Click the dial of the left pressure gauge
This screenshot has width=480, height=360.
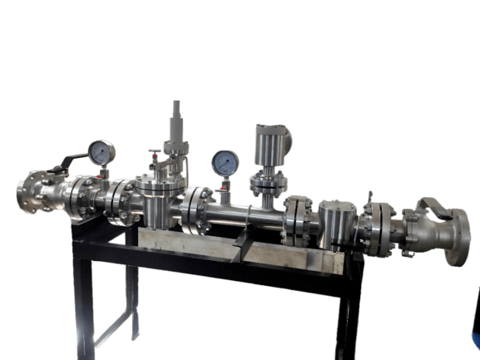coord(101,151)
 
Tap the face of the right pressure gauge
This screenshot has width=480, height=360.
coord(224,162)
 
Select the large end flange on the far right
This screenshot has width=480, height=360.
coord(457,238)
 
